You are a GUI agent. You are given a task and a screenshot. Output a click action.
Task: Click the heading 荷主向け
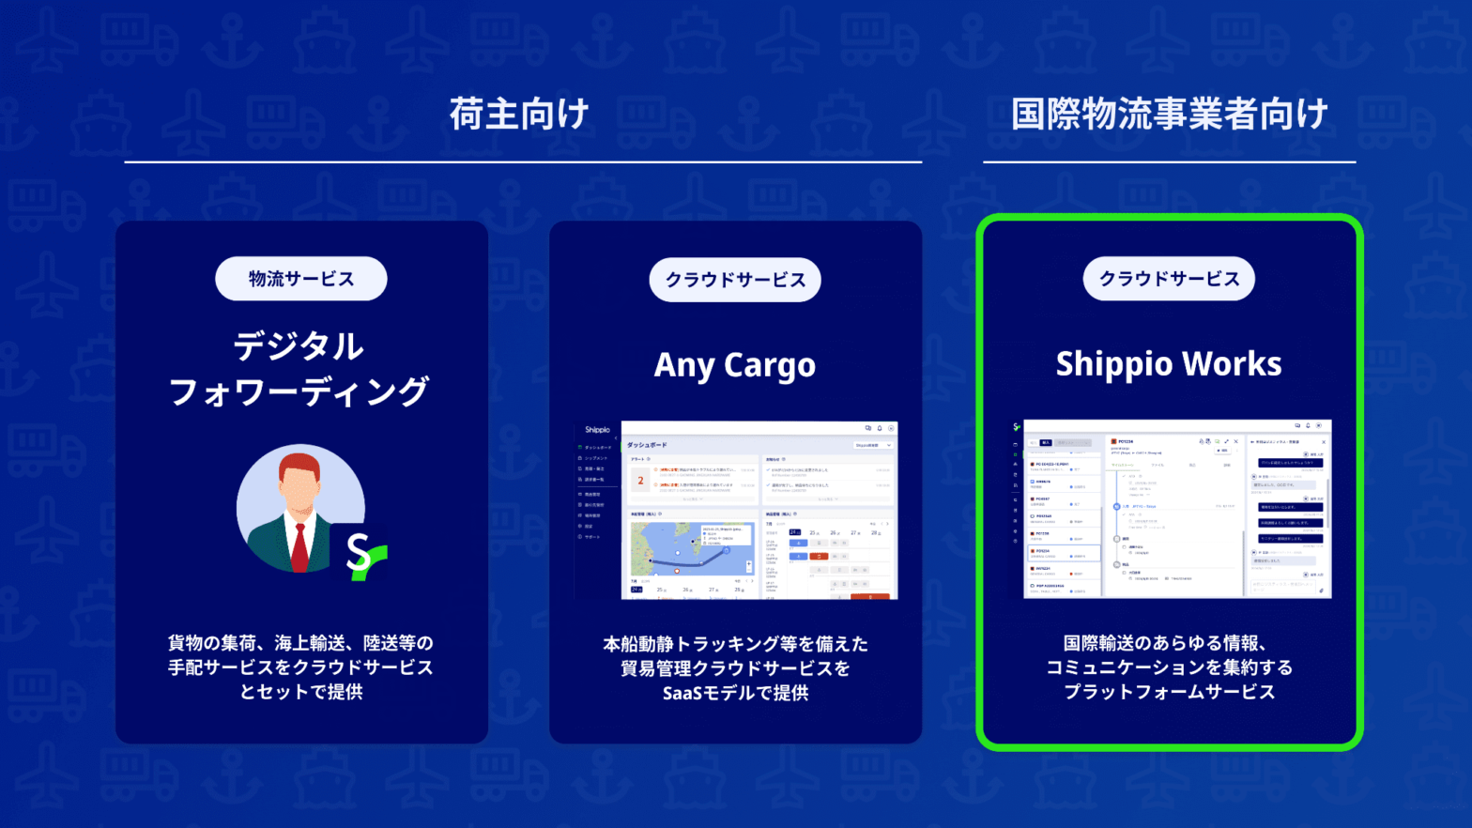(519, 115)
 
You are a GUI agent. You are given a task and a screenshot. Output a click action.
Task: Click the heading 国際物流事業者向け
(1169, 115)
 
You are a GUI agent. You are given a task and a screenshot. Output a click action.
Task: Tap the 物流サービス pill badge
(300, 279)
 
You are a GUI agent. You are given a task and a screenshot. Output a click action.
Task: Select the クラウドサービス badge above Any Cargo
(735, 280)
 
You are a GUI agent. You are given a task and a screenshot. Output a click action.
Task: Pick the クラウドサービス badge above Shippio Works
(1169, 279)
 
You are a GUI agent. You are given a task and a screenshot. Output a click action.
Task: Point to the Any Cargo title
(735, 364)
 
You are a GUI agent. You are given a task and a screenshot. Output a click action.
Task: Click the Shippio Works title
(1169, 363)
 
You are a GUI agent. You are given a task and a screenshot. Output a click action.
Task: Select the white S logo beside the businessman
(358, 552)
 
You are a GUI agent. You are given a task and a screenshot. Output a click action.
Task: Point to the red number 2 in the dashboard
(640, 481)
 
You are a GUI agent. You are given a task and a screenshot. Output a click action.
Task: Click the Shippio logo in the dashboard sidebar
(597, 430)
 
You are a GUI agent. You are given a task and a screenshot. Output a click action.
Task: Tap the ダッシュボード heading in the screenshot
(647, 445)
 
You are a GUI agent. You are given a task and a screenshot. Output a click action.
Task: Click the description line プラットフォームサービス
(1169, 692)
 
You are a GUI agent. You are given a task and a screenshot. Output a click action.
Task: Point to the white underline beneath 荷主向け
(523, 162)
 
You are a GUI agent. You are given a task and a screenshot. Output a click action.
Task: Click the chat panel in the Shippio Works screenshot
(1289, 516)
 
